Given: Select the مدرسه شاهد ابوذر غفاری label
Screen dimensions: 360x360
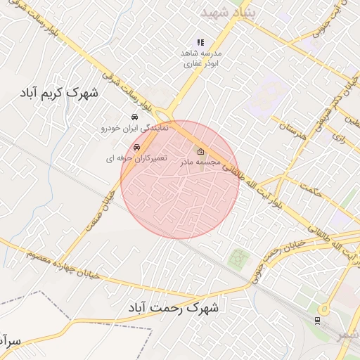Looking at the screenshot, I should click(202, 58).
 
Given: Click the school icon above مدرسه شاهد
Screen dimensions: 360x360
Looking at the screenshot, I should click(200, 42).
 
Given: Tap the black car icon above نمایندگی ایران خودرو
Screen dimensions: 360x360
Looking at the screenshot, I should click(134, 117).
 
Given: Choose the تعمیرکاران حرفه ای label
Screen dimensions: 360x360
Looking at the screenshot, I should click(136, 159).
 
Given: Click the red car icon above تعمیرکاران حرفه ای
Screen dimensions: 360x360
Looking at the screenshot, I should click(137, 147).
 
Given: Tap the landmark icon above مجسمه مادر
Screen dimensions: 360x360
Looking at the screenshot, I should click(201, 151).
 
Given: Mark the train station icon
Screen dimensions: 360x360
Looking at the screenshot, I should click(318, 320).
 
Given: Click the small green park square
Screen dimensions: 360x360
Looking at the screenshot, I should click(240, 258).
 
